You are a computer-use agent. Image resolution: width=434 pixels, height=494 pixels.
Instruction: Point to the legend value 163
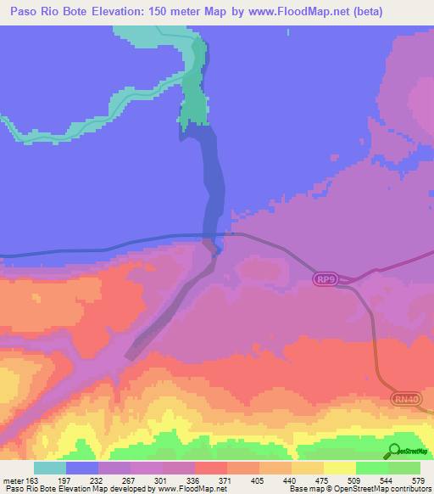click(31, 480)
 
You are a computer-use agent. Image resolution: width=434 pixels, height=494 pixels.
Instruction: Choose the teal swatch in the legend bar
click(50, 468)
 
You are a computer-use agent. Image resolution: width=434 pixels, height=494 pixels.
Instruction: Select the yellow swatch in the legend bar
click(340, 468)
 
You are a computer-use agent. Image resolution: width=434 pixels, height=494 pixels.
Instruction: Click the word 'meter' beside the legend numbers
click(13, 480)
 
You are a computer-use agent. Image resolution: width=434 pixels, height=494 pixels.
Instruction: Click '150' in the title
click(152, 12)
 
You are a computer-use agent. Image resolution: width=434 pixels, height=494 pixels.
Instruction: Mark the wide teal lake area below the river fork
click(196, 106)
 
